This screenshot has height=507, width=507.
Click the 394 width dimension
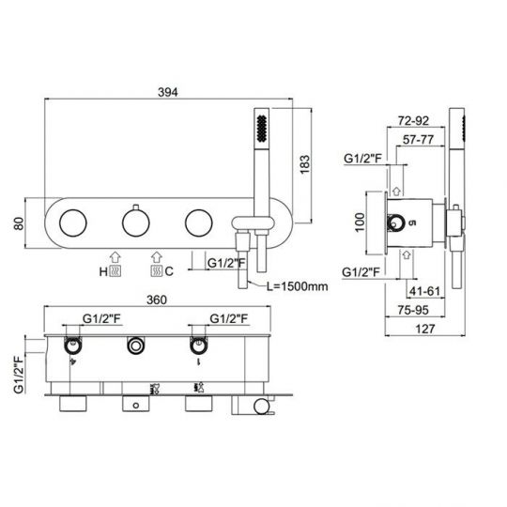pos(168,92)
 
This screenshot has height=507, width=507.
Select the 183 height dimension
pos(304,164)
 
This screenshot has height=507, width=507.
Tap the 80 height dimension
pos(19,223)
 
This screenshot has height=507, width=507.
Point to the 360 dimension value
pos(157,300)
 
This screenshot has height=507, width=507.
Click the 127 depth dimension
pos(425,329)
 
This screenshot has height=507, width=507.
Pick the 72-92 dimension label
pos(413,120)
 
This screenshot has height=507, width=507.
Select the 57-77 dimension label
pos(418,140)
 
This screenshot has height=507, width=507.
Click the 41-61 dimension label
pos(424,291)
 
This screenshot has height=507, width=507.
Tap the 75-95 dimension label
pos(413,310)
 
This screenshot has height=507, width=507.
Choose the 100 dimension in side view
pos(360,223)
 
